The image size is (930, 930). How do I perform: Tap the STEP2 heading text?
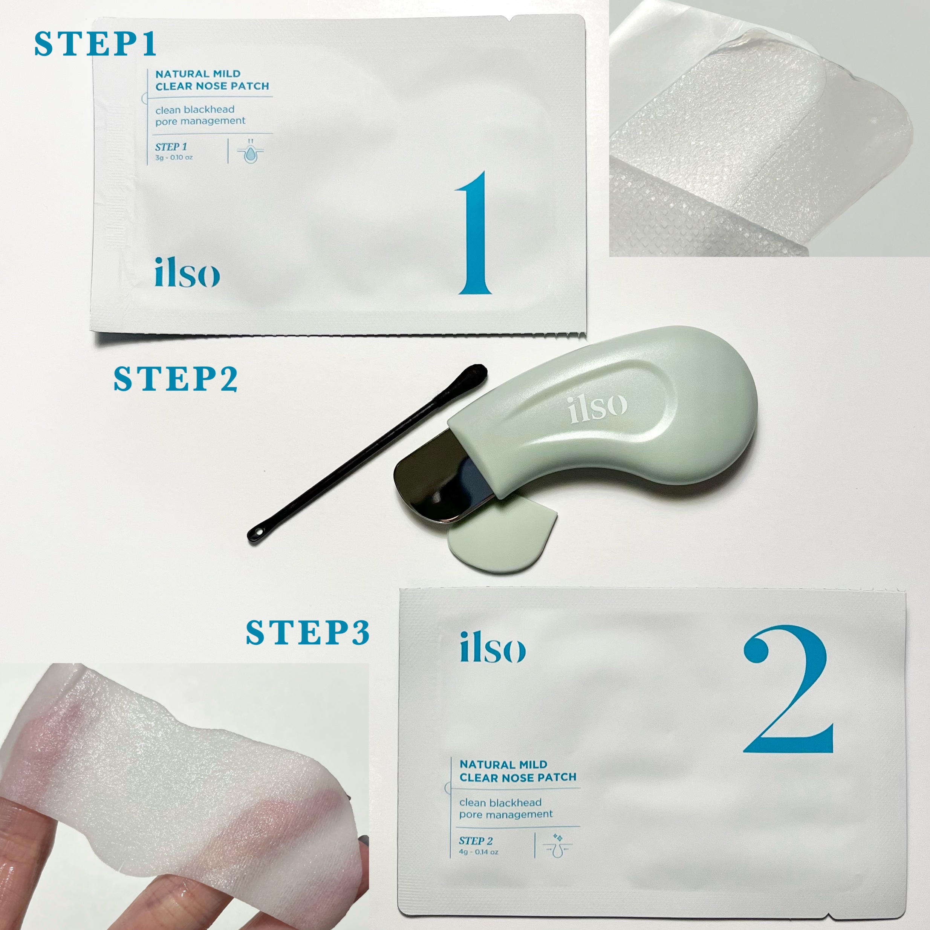coord(175,379)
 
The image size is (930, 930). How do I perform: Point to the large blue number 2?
coord(788,689)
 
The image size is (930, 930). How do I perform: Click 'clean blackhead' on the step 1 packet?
coord(195,110)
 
